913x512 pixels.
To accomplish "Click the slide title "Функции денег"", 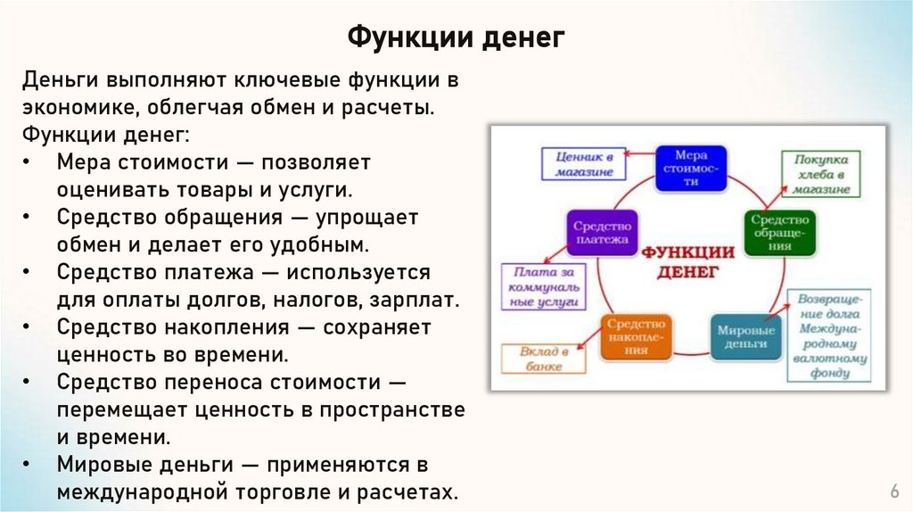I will click(456, 37).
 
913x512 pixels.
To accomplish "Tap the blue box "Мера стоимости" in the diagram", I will click(690, 167).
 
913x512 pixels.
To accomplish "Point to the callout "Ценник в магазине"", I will click(582, 163).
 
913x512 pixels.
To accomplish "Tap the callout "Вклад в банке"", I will click(539, 358).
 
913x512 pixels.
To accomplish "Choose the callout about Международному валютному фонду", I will click(829, 334).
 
